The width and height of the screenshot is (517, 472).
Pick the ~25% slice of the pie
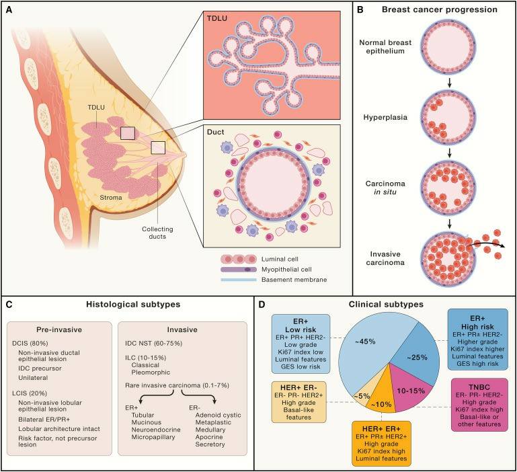point(414,359)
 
